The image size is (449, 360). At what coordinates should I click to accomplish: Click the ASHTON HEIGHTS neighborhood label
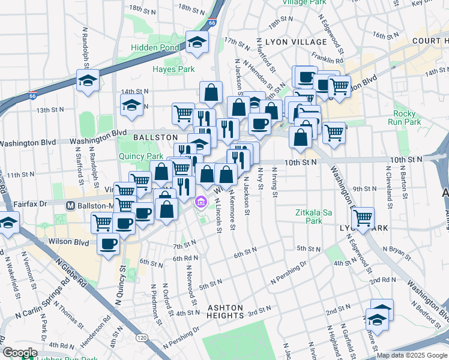coord(226,311)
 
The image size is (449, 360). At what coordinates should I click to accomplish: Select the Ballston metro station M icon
coord(71,205)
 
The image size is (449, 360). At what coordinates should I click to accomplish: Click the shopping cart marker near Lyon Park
coord(363,219)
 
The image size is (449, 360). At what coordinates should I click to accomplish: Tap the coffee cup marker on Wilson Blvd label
coord(109,245)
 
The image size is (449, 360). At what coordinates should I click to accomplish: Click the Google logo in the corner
coord(19,353)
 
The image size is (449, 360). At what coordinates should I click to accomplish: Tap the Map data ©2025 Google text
coord(412,355)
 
